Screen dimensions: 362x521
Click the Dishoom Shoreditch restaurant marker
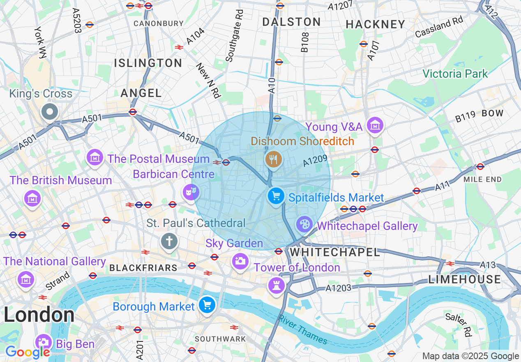coord(273,159)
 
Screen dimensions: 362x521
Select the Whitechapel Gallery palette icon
coord(304,225)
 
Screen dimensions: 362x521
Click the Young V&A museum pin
coord(375,125)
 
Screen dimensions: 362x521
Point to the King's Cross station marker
coord(50,111)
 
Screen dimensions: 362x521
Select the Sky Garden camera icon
coord(240,260)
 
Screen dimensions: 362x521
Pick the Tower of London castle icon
coord(276,285)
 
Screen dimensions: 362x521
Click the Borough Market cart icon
coord(207,305)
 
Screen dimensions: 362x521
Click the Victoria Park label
coord(455,74)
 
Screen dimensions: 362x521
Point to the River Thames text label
coord(303,330)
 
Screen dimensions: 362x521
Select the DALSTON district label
coord(291,22)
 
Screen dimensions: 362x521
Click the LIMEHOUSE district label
coord(464,280)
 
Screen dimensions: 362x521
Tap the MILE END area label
coord(482,179)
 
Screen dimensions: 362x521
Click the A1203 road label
coord(339,288)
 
